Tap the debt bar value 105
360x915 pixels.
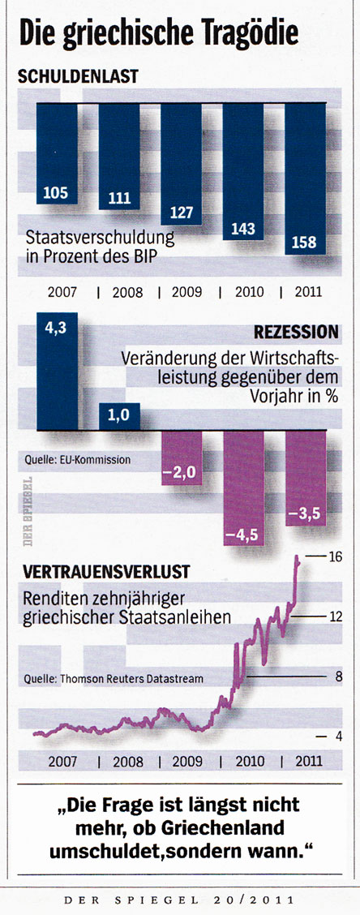pyautogui.click(x=55, y=194)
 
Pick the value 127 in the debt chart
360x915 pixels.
pyautogui.click(x=180, y=214)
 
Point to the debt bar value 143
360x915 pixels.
pyautogui.click(x=242, y=229)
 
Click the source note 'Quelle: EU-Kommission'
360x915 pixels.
pyautogui.click(x=78, y=460)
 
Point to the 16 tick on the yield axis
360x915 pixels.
pyautogui.click(x=336, y=556)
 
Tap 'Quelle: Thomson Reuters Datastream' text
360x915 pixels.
pyautogui.click(x=114, y=678)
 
